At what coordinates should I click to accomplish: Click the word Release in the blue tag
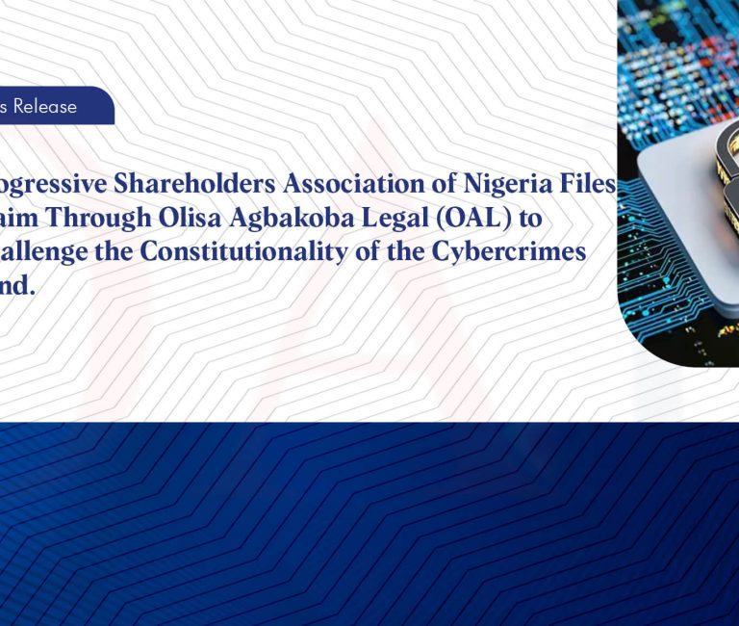44,107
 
